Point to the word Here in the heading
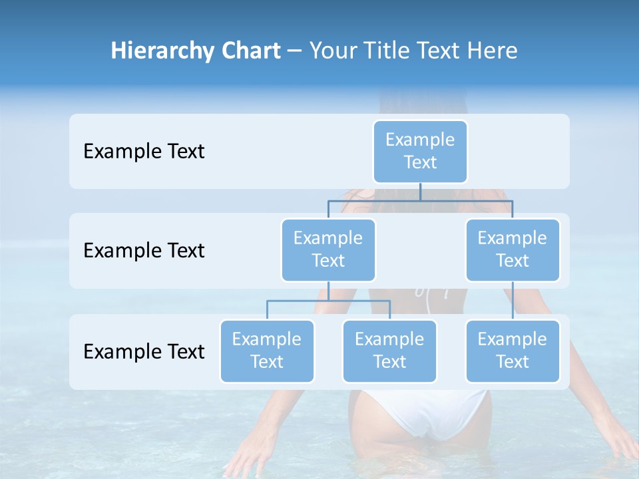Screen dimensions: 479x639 491,51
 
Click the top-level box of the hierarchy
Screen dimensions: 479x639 420,152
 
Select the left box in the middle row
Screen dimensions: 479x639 328,250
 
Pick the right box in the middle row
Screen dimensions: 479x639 513,250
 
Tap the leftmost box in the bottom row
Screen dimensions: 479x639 267,351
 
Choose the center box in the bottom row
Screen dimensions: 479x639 389,351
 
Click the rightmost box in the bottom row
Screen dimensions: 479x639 513,351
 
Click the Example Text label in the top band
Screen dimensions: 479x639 144,152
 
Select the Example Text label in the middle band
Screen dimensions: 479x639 144,251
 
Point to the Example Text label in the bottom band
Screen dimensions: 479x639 144,352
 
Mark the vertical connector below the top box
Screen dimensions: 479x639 420,191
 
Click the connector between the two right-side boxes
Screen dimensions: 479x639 513,301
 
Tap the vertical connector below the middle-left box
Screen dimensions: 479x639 328,291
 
